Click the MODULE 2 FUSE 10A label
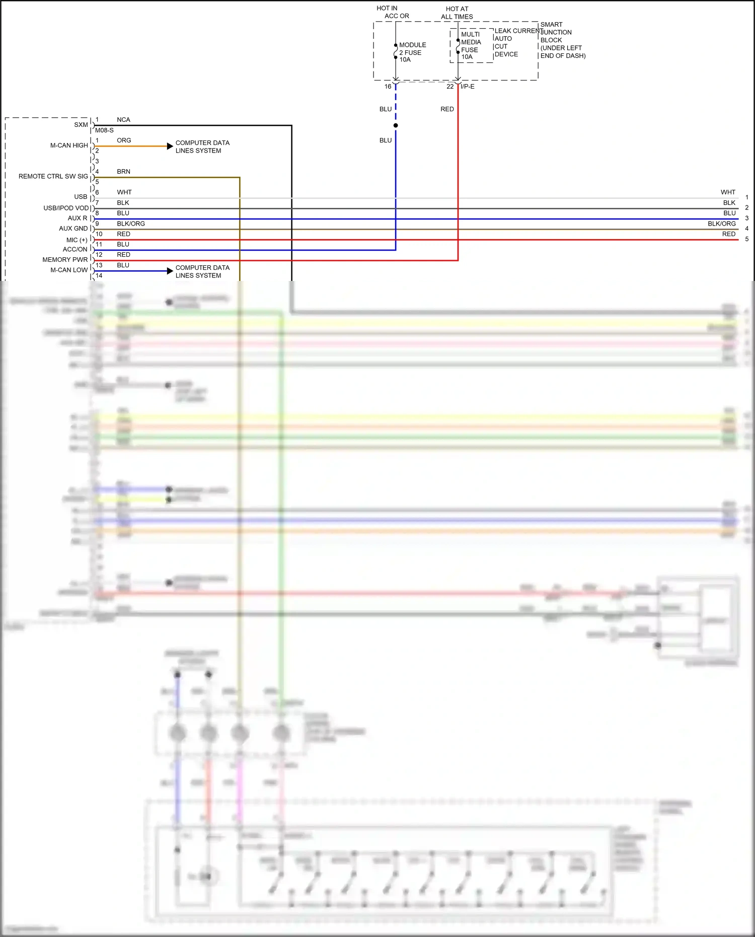click(x=412, y=52)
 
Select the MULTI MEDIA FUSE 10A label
click(x=471, y=46)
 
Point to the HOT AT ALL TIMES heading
click(x=457, y=13)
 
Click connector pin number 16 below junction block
click(x=388, y=87)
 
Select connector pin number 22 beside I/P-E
click(x=450, y=87)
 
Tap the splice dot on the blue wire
click(x=396, y=125)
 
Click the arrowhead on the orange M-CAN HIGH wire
click(x=170, y=146)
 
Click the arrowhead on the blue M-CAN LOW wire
click(x=170, y=271)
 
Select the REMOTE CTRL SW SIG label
click(x=53, y=176)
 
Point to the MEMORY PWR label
click(x=65, y=260)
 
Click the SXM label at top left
click(x=81, y=125)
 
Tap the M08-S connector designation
click(x=104, y=130)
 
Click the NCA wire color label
click(x=123, y=120)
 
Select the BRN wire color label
click(x=123, y=172)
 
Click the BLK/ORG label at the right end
click(x=721, y=224)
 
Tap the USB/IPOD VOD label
click(x=66, y=208)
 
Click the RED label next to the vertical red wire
click(x=447, y=109)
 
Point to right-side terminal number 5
click(x=746, y=239)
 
